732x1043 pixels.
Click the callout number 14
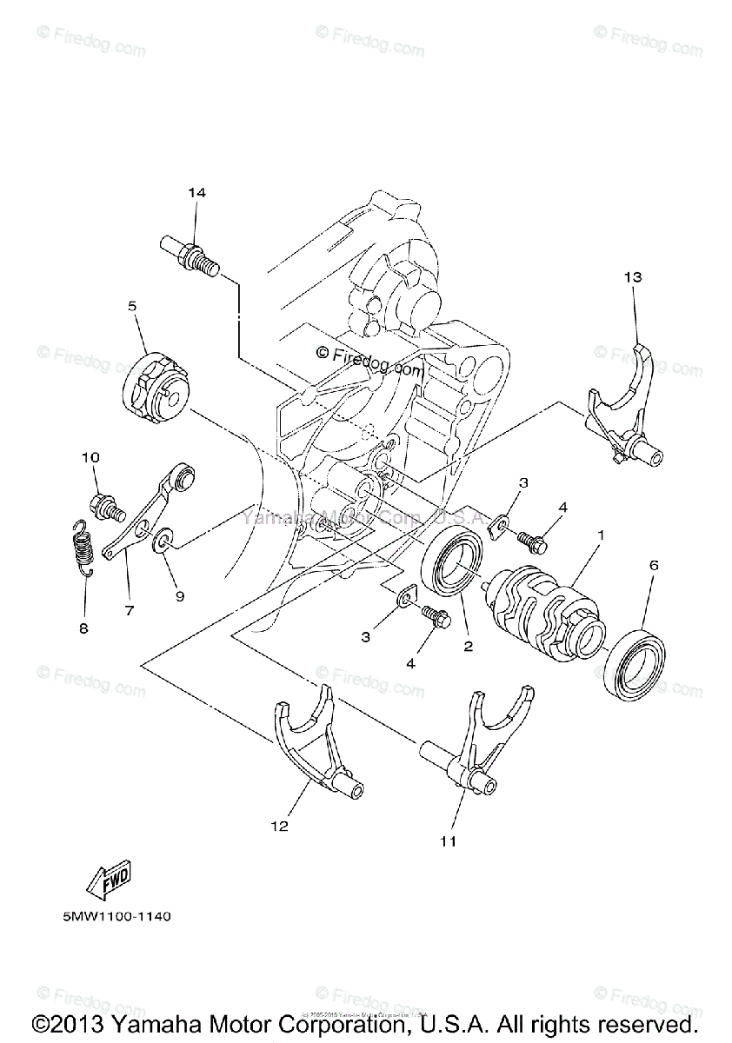click(196, 193)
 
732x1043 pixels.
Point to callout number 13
click(632, 277)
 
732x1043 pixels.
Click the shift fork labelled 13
click(623, 408)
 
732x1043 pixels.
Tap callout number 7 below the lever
click(129, 610)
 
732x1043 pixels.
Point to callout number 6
click(653, 565)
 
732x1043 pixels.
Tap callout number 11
click(448, 840)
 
